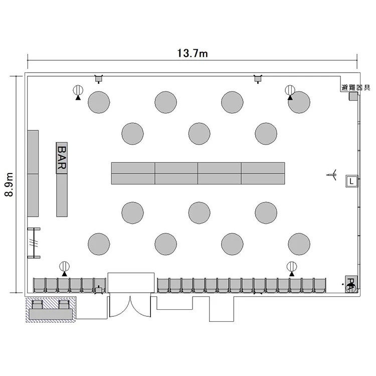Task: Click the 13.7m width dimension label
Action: (193, 53)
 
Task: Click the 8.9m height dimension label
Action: (9, 184)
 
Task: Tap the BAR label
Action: (62, 158)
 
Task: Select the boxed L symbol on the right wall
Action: (351, 181)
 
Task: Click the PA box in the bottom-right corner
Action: (351, 284)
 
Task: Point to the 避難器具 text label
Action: (356, 88)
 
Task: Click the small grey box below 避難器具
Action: (353, 96)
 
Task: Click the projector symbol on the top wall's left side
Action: (98, 79)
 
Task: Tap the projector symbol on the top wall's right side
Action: (258, 79)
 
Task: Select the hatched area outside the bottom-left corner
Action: (51, 309)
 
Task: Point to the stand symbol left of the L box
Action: (332, 174)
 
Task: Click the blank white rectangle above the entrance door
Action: (131, 283)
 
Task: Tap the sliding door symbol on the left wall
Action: (34, 243)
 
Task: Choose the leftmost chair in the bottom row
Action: (39, 285)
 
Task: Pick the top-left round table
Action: (99, 102)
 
